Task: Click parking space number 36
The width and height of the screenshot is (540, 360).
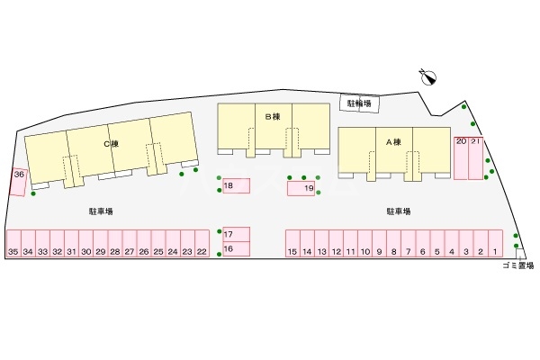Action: [18, 182]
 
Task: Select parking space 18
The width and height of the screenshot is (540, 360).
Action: [235, 186]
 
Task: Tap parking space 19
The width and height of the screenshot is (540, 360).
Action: [301, 188]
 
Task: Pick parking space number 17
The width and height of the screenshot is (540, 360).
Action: [235, 234]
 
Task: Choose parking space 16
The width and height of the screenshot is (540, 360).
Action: [235, 248]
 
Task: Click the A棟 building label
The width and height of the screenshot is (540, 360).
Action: [393, 141]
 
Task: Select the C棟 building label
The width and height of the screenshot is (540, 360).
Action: [111, 144]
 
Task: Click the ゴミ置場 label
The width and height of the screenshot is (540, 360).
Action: [518, 265]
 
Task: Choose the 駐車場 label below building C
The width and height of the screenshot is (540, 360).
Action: [101, 211]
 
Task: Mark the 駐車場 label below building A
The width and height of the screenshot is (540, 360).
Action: [399, 211]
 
